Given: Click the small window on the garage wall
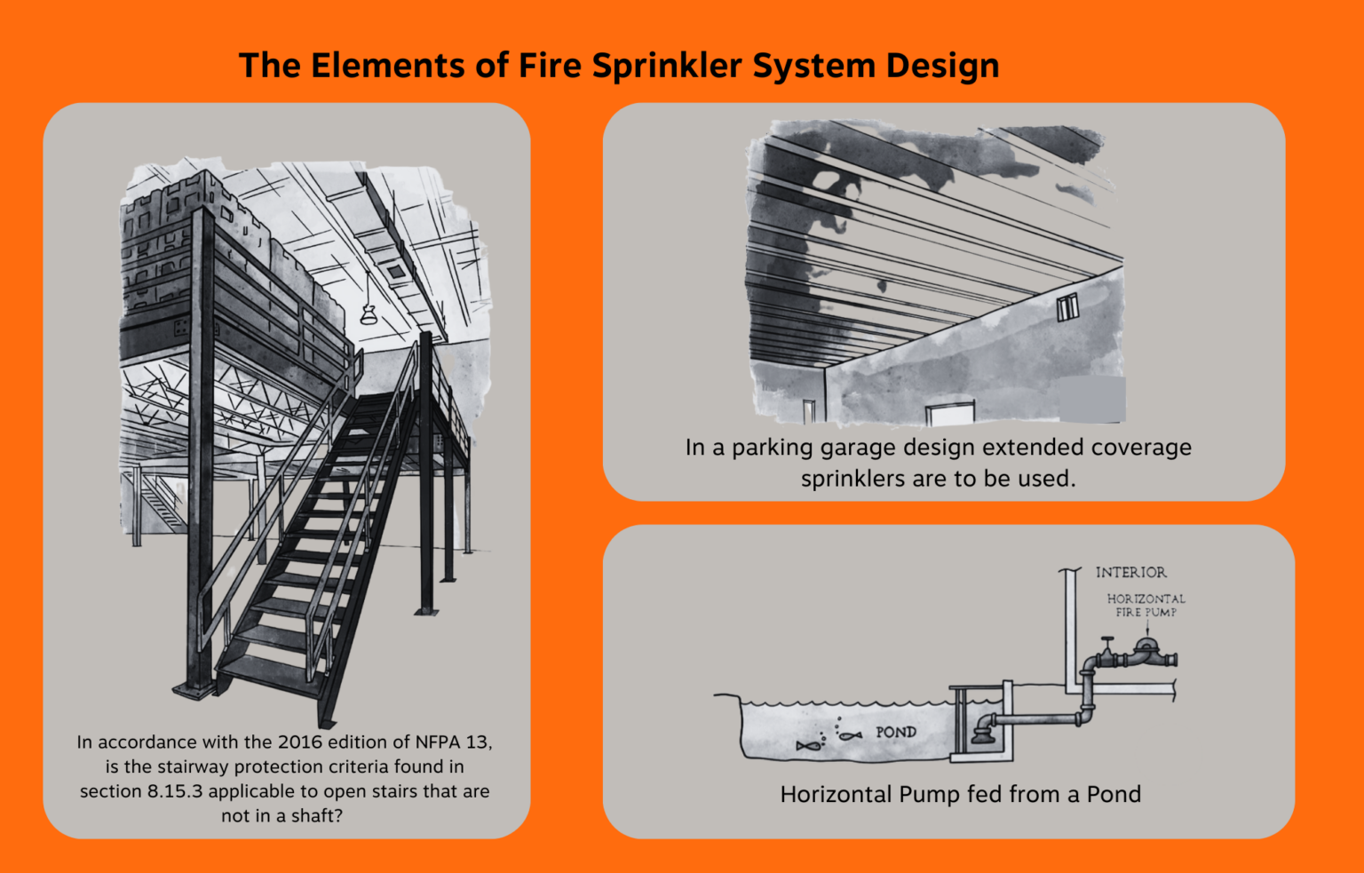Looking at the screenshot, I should click(1067, 307).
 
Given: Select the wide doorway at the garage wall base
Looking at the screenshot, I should click(949, 413).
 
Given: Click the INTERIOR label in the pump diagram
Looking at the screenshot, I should click(1130, 573).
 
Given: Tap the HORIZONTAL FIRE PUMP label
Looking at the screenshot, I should click(1146, 606).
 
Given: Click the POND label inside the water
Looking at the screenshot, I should click(895, 733).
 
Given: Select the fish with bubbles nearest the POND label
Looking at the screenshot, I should click(850, 734).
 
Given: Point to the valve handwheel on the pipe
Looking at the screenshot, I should click(1106, 640).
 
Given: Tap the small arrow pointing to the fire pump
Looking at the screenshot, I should click(1146, 629).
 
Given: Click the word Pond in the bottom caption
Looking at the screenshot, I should click(1114, 795).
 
